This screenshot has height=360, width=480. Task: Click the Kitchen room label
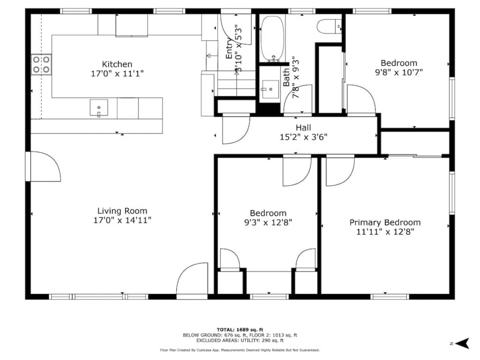pyautogui.click(x=117, y=64)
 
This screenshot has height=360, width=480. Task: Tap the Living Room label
pyautogui.click(x=122, y=211)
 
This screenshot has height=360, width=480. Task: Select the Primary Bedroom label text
pyautogui.click(x=385, y=223)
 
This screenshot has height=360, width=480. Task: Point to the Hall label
pyautogui.click(x=303, y=127)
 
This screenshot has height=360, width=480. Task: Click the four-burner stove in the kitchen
pyautogui.click(x=41, y=64)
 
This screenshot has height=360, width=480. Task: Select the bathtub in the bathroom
pyautogui.click(x=272, y=39)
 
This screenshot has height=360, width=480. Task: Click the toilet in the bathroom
pyautogui.click(x=329, y=27)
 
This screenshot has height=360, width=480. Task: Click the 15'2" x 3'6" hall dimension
pyautogui.click(x=303, y=137)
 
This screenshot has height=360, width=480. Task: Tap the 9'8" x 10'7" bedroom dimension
pyautogui.click(x=399, y=73)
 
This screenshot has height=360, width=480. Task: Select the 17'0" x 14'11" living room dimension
pyautogui.click(x=122, y=220)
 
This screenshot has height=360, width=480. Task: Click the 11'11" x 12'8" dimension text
pyautogui.click(x=385, y=232)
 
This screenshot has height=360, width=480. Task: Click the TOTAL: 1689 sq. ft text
pyautogui.click(x=240, y=330)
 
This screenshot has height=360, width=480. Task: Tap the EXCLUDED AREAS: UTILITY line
pyautogui.click(x=240, y=340)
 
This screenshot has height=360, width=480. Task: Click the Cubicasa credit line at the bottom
pyautogui.click(x=240, y=350)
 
